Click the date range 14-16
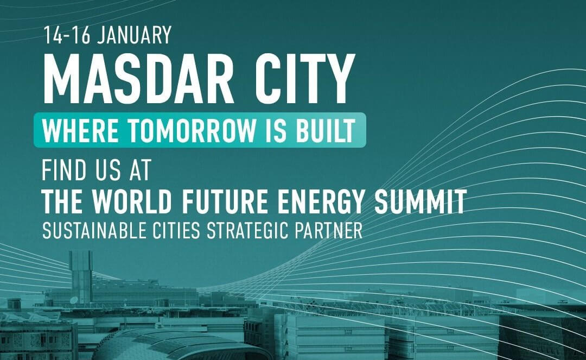point(67,35)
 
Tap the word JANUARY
point(134,35)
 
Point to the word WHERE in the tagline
point(80,130)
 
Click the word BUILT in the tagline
point(326,130)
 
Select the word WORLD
point(132,201)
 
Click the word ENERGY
point(321,201)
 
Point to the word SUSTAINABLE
point(94,231)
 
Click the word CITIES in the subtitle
point(176,231)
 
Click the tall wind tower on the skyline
point(81,276)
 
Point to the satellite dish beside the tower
point(74,300)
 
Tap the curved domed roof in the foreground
point(180,342)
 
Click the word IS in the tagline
point(276,130)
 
